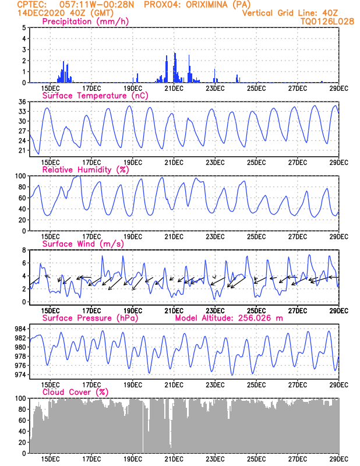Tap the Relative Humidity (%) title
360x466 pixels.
[84, 170]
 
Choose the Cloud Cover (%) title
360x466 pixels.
[75, 392]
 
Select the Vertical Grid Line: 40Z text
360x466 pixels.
[298, 13]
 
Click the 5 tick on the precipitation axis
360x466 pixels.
[23, 27]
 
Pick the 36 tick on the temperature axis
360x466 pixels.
[22, 102]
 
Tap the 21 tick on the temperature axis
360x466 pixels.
[22, 150]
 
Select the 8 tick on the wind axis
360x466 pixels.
[23, 250]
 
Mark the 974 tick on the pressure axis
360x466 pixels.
[19, 375]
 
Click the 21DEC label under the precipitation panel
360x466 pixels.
[174, 88]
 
